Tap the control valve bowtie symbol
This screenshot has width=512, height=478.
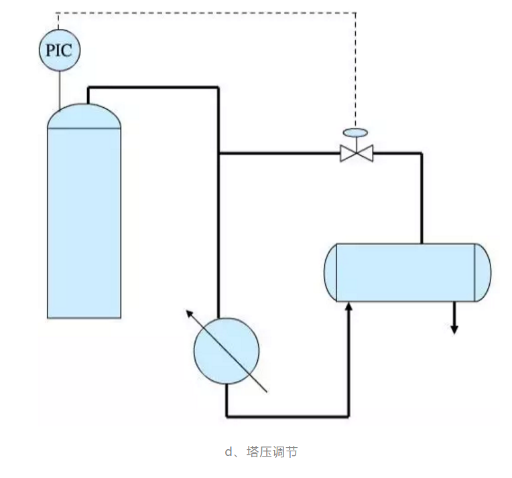tap(356, 153)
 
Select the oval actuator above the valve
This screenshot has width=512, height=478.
tap(356, 132)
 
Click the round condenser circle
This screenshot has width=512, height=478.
tap(227, 351)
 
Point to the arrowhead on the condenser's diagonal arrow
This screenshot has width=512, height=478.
tap(189, 313)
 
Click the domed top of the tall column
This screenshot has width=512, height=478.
tap(84, 116)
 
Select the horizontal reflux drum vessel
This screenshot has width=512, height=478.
tap(407, 272)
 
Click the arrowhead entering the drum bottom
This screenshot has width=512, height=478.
tap(348, 307)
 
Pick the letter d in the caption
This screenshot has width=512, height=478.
tap(228, 452)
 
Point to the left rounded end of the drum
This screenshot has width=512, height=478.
tap(330, 272)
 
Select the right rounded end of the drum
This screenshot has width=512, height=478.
tap(483, 272)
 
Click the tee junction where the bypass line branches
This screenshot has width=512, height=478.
tap(219, 153)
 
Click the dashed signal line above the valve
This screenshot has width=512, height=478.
tap(356, 67)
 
